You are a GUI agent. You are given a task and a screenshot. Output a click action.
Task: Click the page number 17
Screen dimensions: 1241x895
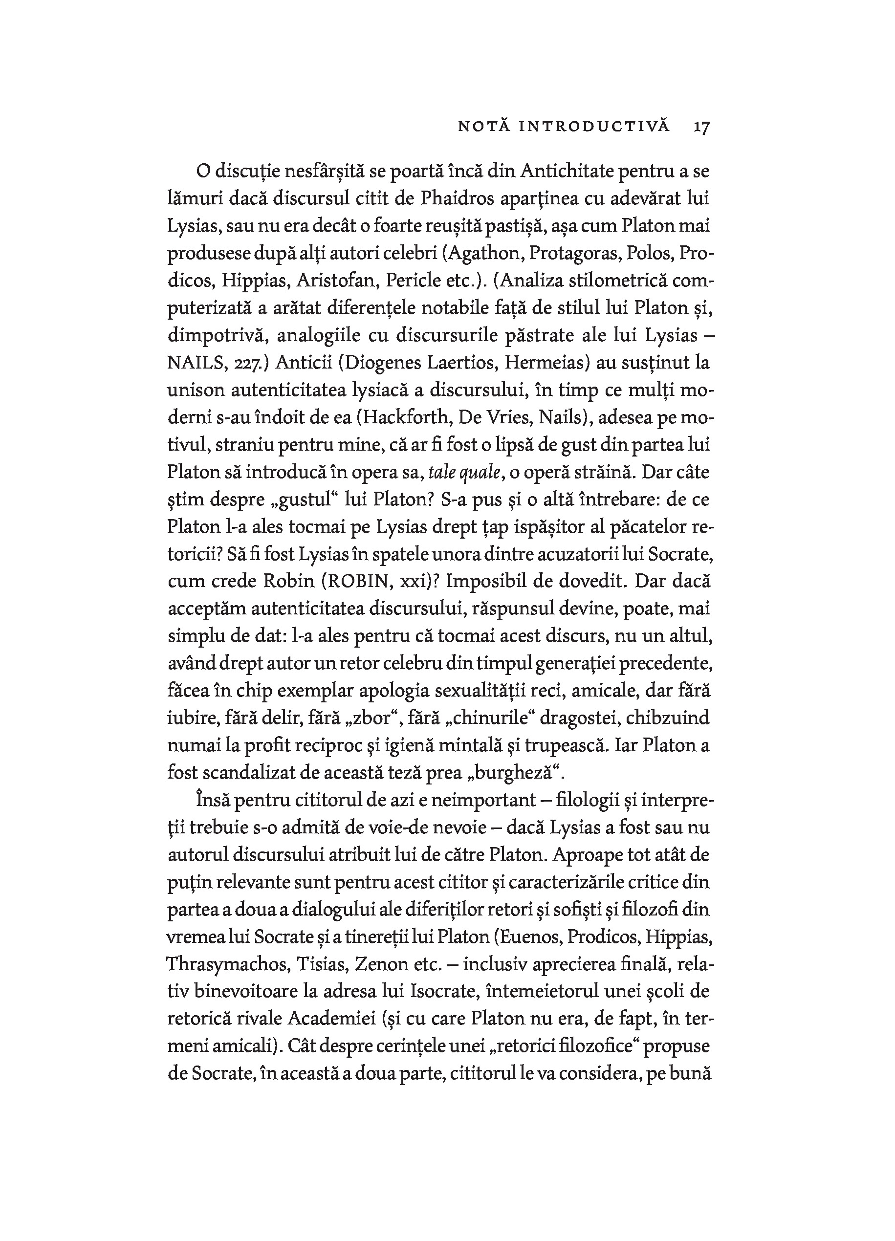pyautogui.click(x=701, y=127)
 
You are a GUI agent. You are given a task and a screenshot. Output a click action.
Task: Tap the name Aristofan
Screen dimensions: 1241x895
pyautogui.click(x=338, y=281)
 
